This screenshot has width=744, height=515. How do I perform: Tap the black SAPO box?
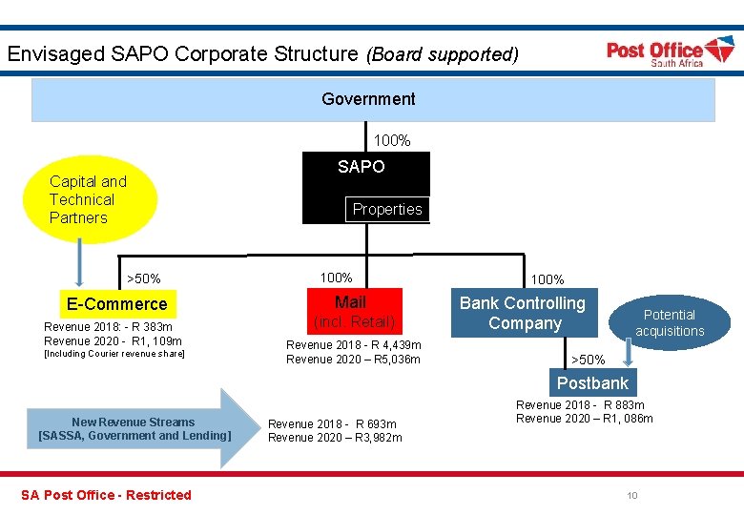(x=366, y=173)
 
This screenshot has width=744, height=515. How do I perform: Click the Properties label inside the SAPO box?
(x=387, y=210)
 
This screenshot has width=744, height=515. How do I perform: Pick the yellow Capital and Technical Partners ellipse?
(x=89, y=199)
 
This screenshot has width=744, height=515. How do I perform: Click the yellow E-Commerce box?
(x=116, y=304)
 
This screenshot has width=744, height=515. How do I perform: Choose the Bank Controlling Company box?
(x=524, y=313)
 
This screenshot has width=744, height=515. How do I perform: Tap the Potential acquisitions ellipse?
(x=670, y=323)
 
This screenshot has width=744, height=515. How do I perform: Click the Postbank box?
(x=592, y=383)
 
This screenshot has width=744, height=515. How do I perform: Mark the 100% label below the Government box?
(x=392, y=141)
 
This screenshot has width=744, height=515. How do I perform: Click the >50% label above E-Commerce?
(x=144, y=278)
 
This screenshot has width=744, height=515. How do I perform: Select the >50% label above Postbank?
(x=588, y=360)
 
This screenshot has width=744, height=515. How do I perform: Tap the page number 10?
(x=632, y=495)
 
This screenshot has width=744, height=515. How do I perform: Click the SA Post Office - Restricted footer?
(x=106, y=495)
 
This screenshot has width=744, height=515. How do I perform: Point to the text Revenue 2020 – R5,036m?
(x=353, y=360)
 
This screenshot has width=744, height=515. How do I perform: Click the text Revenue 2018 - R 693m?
(x=332, y=423)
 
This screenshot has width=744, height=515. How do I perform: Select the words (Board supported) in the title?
(x=443, y=54)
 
